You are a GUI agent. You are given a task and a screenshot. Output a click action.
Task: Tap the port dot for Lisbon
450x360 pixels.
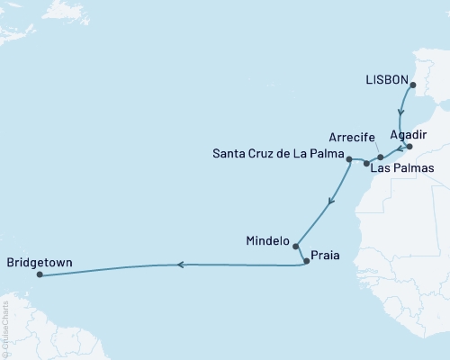(x=413, y=86)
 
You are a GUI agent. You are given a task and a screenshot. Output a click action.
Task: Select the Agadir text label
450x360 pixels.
(x=409, y=133)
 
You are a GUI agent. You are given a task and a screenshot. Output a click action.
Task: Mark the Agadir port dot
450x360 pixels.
(x=409, y=147)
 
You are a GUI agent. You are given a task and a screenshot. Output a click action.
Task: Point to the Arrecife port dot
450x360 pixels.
(x=381, y=157)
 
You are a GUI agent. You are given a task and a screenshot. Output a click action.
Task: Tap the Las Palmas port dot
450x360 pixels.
(x=365, y=164)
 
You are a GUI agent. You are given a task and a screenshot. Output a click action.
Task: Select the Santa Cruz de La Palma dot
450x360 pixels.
(x=348, y=158)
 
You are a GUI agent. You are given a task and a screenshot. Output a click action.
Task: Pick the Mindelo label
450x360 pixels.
(x=267, y=241)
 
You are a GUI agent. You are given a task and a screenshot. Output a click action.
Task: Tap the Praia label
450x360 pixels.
(x=326, y=254)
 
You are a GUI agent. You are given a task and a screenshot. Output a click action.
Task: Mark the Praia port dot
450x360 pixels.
(x=307, y=261)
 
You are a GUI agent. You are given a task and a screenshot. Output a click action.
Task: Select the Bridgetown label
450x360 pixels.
(x=39, y=264)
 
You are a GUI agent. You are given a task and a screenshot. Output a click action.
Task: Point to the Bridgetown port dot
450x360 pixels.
(x=40, y=276)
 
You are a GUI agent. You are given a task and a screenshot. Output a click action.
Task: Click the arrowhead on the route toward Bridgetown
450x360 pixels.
(x=180, y=265)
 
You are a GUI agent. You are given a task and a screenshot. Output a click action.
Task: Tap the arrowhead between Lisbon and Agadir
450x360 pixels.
(x=400, y=115)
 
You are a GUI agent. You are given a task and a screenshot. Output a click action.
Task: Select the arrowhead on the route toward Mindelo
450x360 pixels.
(x=331, y=200)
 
